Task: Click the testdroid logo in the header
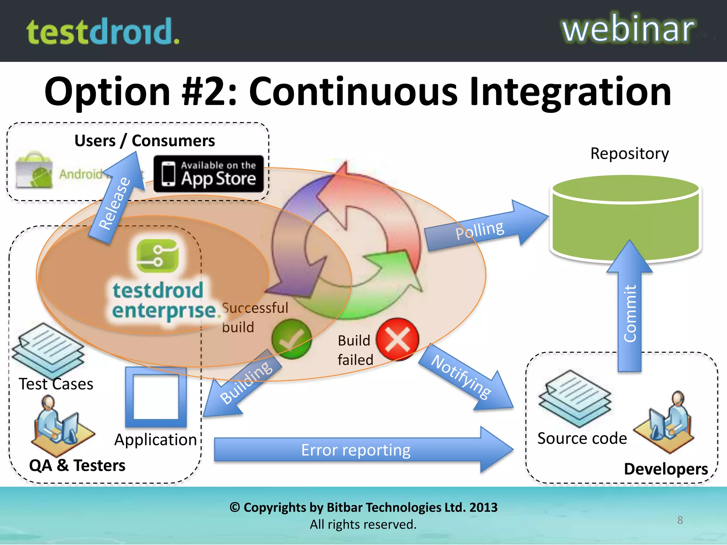coord(103,32)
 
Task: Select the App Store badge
coord(209,174)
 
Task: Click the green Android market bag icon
coord(34,170)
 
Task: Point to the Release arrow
coord(117,199)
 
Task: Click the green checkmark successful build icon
coord(291,339)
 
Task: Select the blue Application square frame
coord(156,397)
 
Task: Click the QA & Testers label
coord(77,465)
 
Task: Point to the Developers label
coord(666,469)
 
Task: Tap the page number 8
coord(680,520)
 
